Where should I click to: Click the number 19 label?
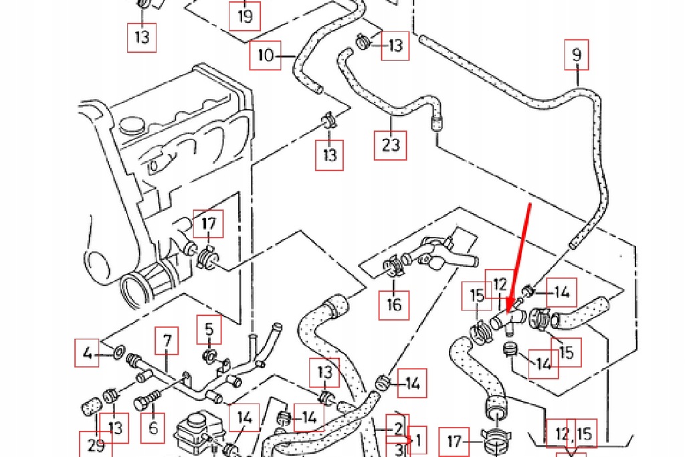[245, 15]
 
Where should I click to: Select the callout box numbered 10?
[266, 56]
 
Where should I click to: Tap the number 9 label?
[577, 56]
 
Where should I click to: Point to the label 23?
[391, 145]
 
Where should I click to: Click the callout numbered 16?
[394, 304]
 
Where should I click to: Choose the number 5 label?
[209, 329]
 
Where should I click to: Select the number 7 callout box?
[167, 342]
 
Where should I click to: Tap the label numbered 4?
[87, 353]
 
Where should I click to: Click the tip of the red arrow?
[508, 312]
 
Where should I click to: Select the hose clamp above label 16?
[395, 268]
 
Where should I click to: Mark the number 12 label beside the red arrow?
[500, 284]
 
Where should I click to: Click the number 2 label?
[398, 428]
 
